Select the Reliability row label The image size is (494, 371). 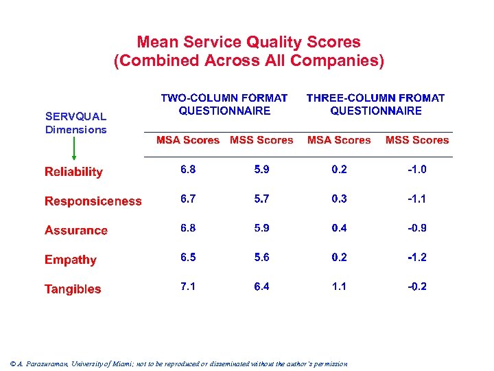[73, 172]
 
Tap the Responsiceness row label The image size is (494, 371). [93, 201]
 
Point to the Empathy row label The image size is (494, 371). [71, 260]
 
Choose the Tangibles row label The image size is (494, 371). [73, 289]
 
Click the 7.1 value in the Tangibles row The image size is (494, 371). [188, 286]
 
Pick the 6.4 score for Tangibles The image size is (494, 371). [261, 286]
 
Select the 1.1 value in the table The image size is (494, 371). [339, 286]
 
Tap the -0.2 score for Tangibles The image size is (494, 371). [416, 286]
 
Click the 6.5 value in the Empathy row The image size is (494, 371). [188, 257]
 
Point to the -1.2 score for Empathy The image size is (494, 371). [416, 257]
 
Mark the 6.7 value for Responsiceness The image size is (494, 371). [188, 199]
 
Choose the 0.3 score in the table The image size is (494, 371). [339, 199]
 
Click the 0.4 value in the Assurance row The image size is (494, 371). [339, 228]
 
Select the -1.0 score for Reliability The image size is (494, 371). [416, 169]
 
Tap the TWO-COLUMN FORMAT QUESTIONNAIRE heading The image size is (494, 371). [224, 104]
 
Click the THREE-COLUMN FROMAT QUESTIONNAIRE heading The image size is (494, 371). [375, 104]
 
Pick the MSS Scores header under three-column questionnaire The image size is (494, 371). [417, 140]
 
